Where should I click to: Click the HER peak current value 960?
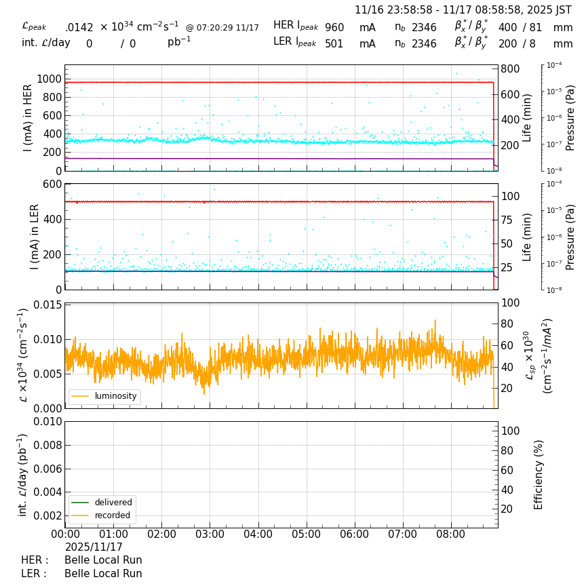coord(334,28)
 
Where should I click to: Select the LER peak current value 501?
coord(334,44)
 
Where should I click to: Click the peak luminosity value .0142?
coord(79,28)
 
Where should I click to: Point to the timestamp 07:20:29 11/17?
coord(222,28)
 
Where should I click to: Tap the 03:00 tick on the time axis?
coord(210,534)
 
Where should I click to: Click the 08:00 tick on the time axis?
coord(451,534)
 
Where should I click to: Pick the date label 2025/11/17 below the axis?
coord(94,547)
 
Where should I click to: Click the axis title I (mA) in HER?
coord(28,118)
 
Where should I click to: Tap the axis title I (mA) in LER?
coord(34,237)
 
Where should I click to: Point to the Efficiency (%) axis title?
coord(539,474)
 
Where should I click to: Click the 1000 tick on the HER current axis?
coord(49,79)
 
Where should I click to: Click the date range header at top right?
coord(463,10)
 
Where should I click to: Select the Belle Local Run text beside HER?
coord(103,560)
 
